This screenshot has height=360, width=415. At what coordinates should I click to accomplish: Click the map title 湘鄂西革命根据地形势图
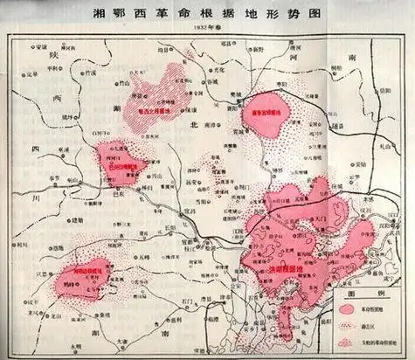click(x=208, y=15)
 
